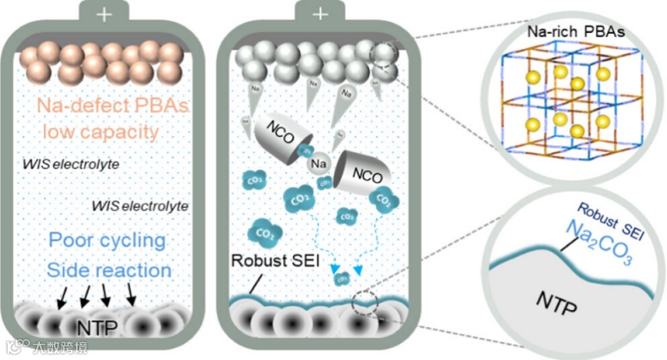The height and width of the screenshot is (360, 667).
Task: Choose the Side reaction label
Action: (x=108, y=270)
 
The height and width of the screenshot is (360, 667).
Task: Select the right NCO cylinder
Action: (x=362, y=172)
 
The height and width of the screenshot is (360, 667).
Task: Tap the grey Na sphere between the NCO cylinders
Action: (x=320, y=164)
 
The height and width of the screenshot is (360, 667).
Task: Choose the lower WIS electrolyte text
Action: (x=139, y=206)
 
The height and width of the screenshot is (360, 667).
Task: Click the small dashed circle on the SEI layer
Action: (x=363, y=302)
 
